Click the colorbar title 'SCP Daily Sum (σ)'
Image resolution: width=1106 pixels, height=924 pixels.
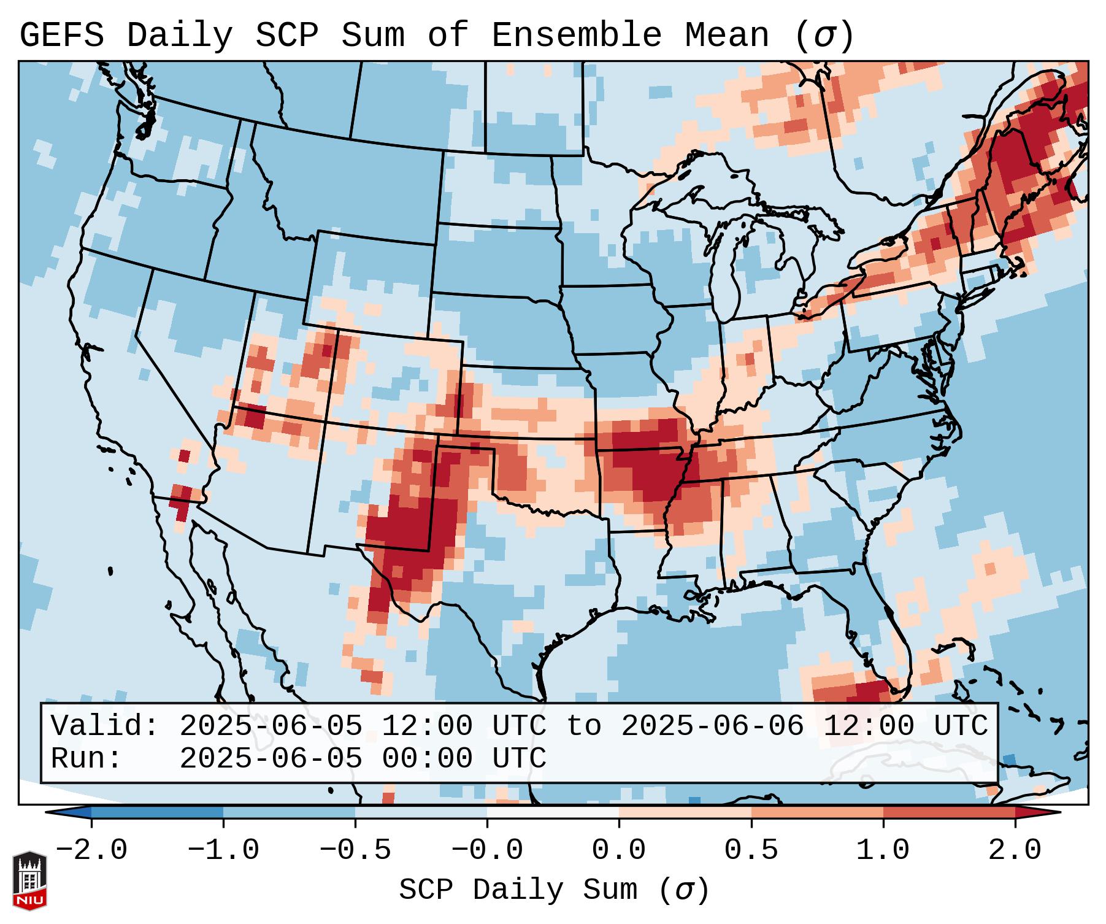[553, 890]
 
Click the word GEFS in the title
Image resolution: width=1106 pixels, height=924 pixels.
[61, 36]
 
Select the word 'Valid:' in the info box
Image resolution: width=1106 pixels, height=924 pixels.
[105, 726]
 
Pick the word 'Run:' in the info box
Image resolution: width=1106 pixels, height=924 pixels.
[86, 759]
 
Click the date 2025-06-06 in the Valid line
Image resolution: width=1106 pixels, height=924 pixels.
[712, 726]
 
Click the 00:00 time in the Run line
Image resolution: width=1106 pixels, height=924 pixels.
[428, 759]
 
